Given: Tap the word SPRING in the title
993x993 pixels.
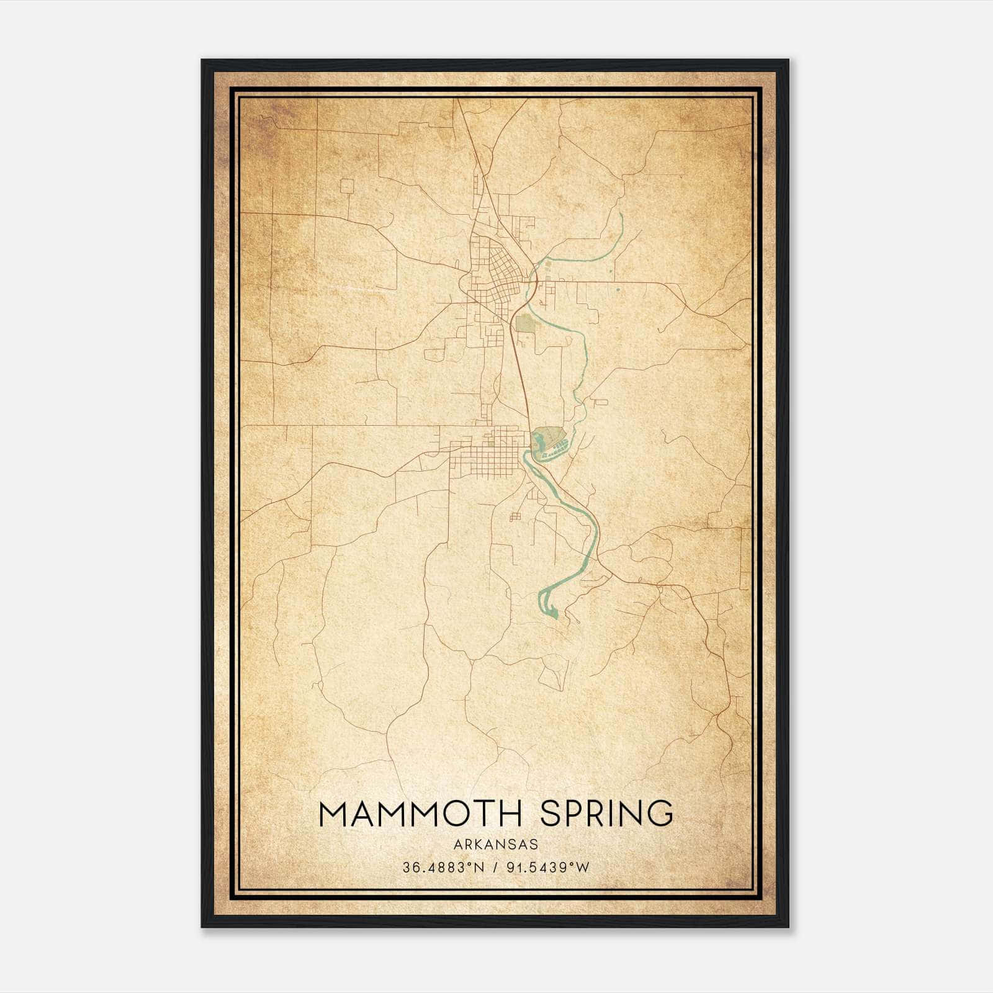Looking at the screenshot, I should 606,814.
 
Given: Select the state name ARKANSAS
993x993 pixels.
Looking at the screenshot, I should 495,845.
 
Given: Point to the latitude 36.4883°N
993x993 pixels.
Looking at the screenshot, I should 443,868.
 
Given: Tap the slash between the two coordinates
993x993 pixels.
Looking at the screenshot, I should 495,868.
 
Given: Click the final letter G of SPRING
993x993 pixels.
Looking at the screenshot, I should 659,814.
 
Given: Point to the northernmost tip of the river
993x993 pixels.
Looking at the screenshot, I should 621,214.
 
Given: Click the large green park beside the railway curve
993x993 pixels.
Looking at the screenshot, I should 525,323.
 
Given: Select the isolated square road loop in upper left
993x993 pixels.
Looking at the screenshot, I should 347,186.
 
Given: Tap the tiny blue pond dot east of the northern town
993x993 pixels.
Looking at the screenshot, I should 618,289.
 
